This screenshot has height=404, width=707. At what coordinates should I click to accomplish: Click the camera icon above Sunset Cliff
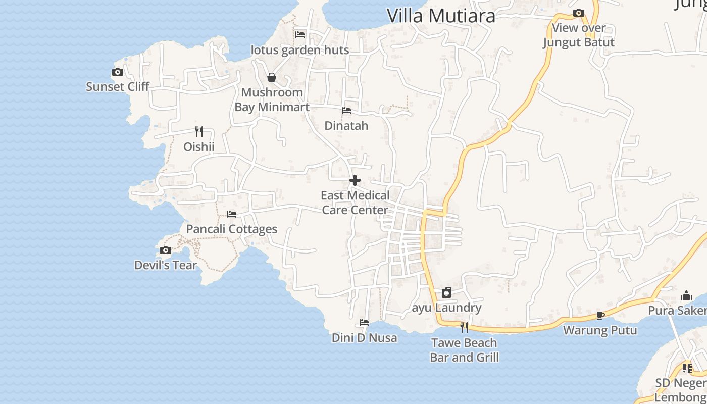(x=118, y=72)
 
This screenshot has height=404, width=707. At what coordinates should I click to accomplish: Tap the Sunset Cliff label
(x=118, y=86)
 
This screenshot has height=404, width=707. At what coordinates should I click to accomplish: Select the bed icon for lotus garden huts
(x=300, y=35)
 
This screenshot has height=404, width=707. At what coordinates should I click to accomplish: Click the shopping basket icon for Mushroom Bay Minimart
(x=272, y=77)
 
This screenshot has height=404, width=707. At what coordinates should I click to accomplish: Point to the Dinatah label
(x=346, y=125)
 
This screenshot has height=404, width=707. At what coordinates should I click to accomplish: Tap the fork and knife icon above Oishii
(x=199, y=132)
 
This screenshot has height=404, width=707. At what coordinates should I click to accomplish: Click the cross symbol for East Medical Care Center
(x=355, y=180)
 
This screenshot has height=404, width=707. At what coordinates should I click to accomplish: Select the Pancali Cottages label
(x=232, y=229)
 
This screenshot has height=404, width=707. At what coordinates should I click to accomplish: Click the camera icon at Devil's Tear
(x=166, y=250)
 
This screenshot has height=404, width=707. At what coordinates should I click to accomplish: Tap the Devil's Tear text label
(x=166, y=265)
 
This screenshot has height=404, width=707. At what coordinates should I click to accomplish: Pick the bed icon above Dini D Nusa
(x=364, y=323)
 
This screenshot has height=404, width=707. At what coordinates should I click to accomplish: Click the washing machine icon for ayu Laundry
(x=446, y=292)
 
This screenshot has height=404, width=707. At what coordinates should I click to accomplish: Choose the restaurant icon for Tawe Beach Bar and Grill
(x=464, y=328)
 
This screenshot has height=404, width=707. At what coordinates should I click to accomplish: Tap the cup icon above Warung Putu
(x=600, y=315)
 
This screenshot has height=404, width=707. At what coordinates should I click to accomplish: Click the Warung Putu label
(x=600, y=330)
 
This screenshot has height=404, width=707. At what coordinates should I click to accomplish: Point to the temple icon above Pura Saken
(x=686, y=295)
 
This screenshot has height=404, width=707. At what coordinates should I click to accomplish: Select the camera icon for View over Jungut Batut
(x=579, y=13)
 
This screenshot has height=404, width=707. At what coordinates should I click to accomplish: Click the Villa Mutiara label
(x=441, y=16)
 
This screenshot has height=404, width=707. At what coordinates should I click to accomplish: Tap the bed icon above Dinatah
(x=346, y=111)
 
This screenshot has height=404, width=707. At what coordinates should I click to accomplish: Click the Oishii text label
(x=199, y=147)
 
